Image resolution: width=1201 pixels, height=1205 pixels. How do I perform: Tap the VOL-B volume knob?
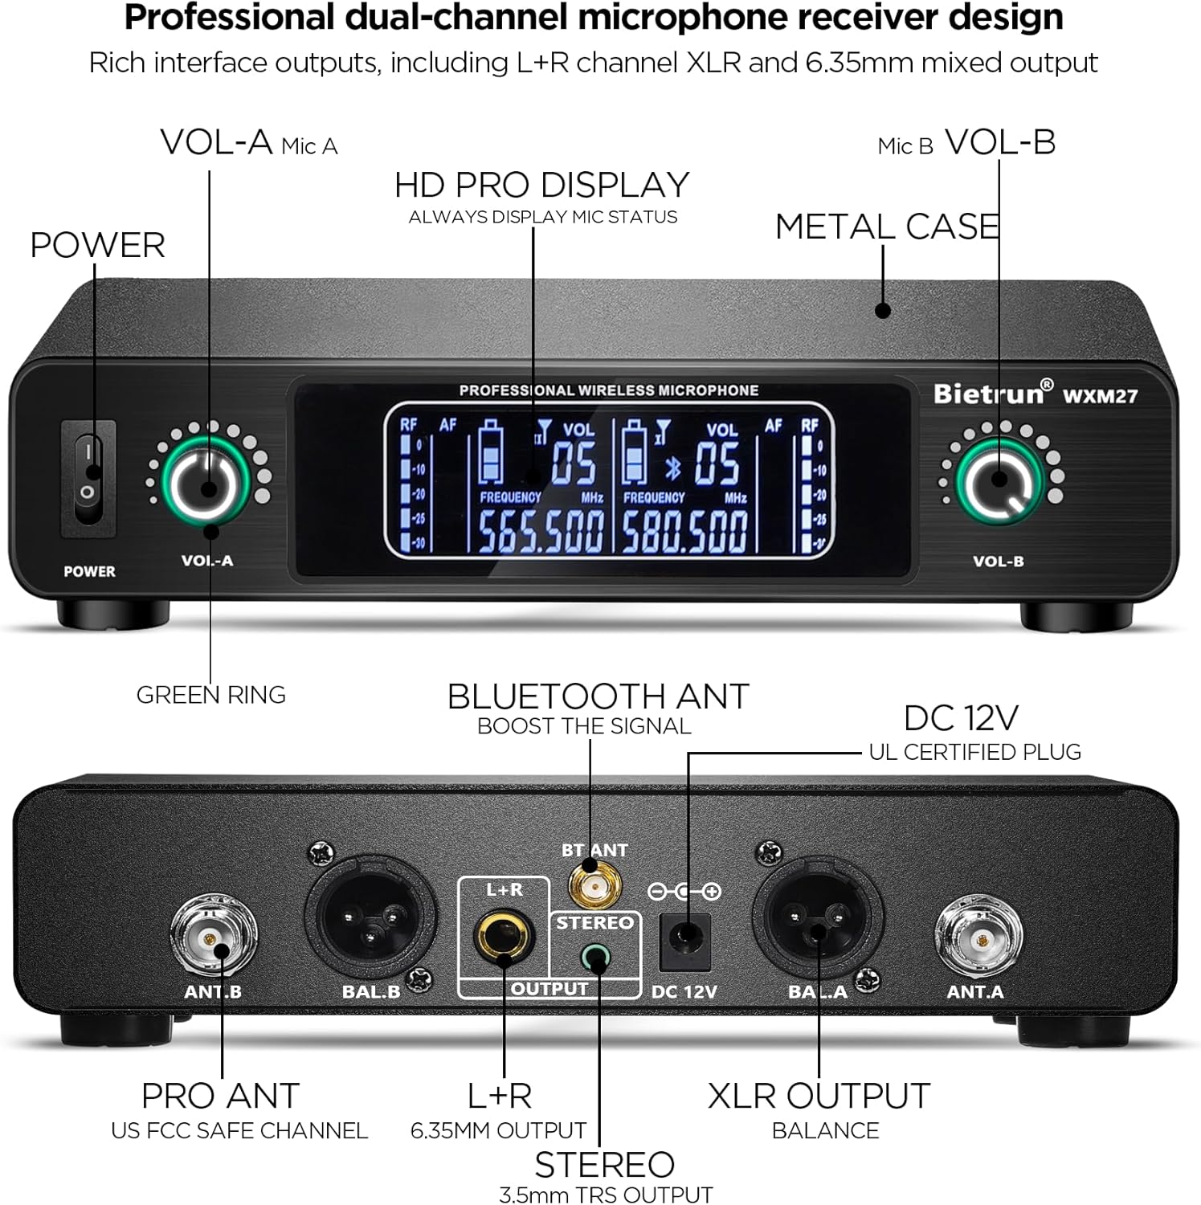click(x=999, y=480)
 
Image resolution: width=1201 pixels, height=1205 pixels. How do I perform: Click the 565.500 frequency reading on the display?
click(x=541, y=531)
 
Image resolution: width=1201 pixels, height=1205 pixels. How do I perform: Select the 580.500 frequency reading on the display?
click(x=684, y=531)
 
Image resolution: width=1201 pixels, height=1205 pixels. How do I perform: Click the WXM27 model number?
click(x=1100, y=396)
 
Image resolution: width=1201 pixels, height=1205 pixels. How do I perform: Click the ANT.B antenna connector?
click(x=213, y=937)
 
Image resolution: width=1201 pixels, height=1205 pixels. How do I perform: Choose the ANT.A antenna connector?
click(x=978, y=937)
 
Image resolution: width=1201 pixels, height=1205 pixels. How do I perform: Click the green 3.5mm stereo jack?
click(x=595, y=958)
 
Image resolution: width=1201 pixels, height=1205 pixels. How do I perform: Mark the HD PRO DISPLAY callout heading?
click(x=541, y=186)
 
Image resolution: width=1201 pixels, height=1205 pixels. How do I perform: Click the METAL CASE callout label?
click(x=887, y=227)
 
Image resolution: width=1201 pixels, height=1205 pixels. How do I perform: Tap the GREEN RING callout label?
click(x=210, y=695)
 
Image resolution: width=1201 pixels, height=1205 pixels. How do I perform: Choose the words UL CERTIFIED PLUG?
click(x=974, y=753)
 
